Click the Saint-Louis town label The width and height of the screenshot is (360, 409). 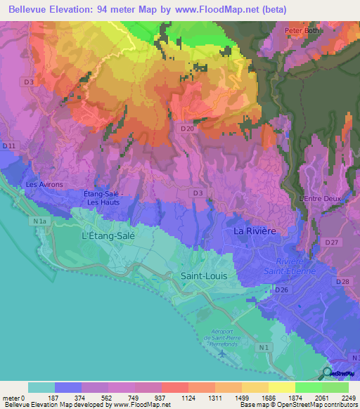(204, 276)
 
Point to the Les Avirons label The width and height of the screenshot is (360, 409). (44, 185)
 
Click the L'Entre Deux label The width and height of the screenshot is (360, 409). (320, 199)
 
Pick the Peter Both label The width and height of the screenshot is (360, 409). (302, 31)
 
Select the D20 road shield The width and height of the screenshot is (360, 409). (187, 129)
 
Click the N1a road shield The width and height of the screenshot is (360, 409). (41, 221)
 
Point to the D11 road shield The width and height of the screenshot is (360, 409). (8, 145)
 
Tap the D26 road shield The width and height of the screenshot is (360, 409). (282, 290)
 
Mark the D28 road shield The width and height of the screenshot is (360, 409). (344, 282)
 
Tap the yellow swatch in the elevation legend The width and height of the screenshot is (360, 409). (281, 387)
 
